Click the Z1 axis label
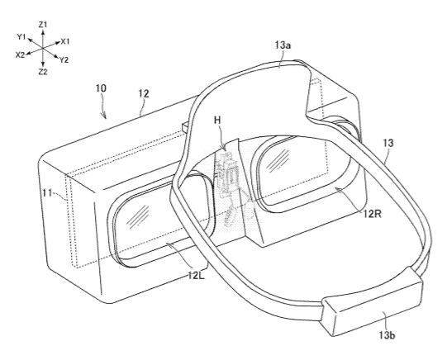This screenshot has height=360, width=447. pos(42,25)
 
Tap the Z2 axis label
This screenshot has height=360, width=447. pos(42,72)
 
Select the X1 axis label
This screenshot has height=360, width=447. pos(65,41)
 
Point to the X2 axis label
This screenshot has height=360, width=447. pos(20,54)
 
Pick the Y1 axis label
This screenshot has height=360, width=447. pos(21,36)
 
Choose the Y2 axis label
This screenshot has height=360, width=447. pos(64,59)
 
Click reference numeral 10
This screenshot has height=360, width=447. pos(101,88)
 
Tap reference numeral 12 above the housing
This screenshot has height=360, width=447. pos(144,93)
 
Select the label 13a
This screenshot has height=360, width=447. pos(283,45)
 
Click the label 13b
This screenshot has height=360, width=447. pos(387,335)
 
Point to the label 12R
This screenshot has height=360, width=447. pos(372,213)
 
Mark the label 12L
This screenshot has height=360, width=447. pos(196,276)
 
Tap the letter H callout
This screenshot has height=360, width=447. pos(217,121)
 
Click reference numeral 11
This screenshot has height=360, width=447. pos(47,193)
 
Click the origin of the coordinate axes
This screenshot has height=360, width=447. pos(42,49)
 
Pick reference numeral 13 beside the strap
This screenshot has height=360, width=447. pos(388,143)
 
